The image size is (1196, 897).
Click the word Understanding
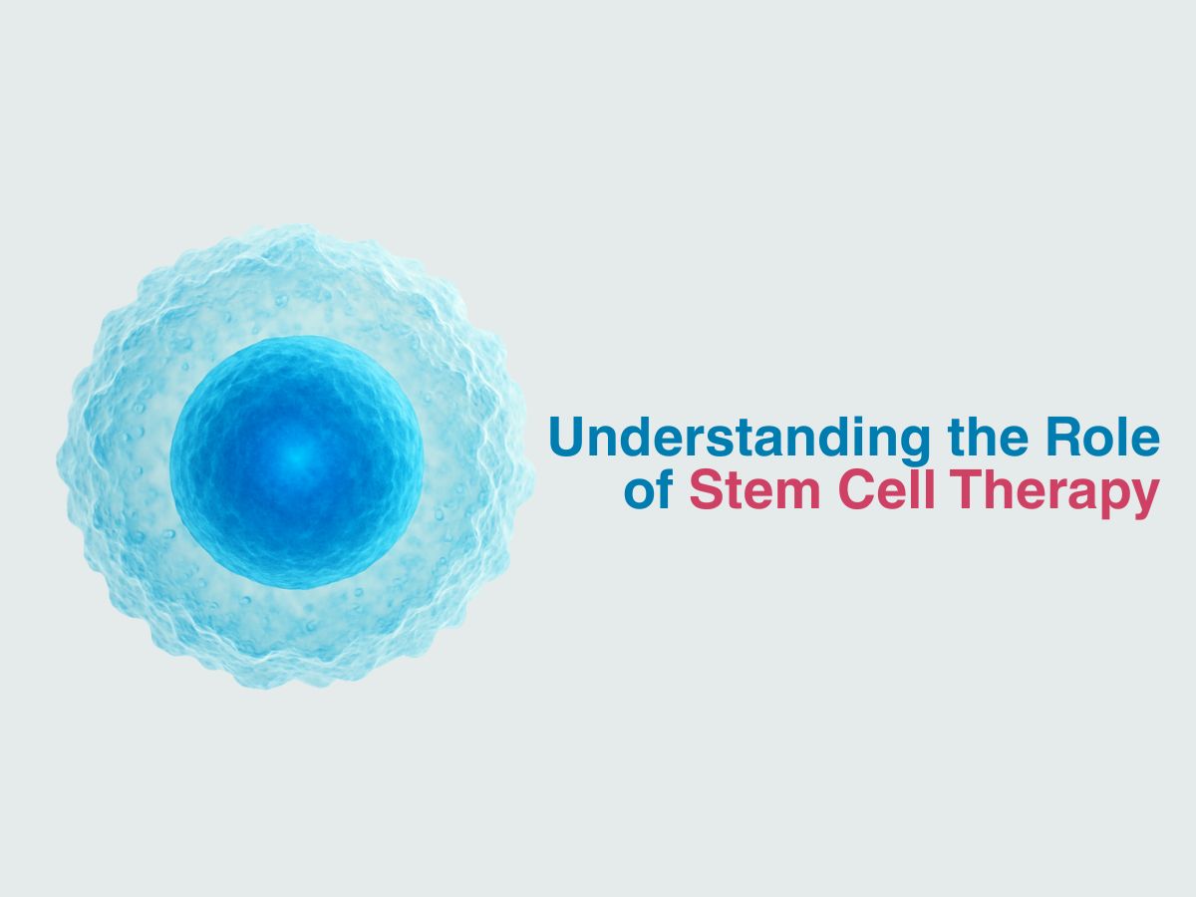click(x=739, y=439)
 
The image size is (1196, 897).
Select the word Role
click(x=1102, y=437)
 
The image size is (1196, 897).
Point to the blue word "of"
click(x=649, y=489)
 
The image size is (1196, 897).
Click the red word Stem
click(x=754, y=489)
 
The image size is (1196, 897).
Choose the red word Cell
click(x=886, y=489)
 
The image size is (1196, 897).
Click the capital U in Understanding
click(x=567, y=437)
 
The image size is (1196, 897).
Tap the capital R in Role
click(x=1064, y=437)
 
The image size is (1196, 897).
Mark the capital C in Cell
click(x=857, y=489)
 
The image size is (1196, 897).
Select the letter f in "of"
click(x=665, y=488)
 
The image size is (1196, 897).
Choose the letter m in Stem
click(x=796, y=495)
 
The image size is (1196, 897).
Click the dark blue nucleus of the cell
click(x=297, y=461)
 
